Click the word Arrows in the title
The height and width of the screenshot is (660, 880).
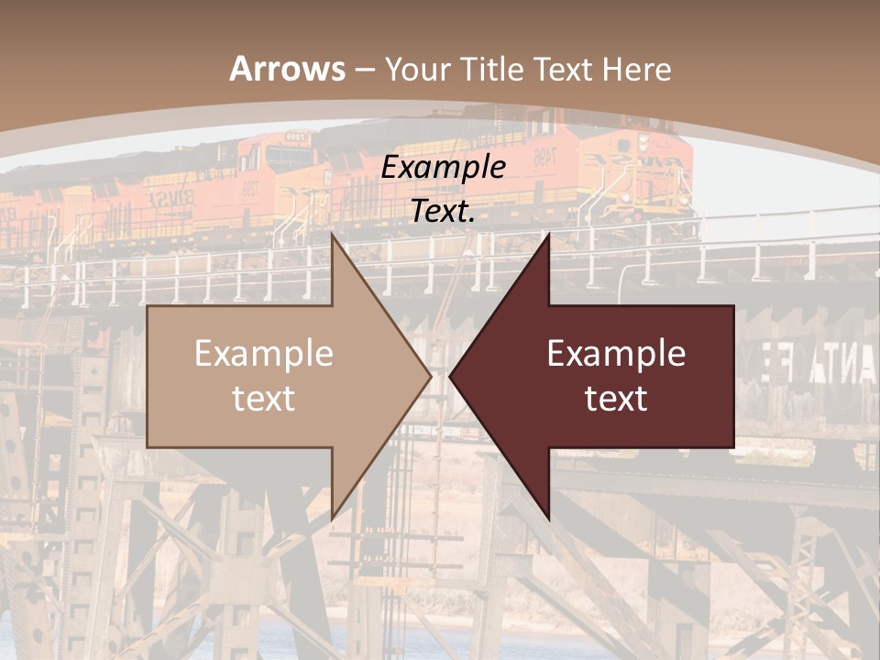[288, 69]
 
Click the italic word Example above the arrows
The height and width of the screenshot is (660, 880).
[444, 167]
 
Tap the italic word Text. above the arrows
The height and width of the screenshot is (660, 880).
[444, 211]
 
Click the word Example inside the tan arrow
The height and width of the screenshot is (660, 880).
[264, 354]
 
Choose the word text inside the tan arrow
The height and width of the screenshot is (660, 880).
[264, 399]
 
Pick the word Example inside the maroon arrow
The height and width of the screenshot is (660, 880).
[616, 354]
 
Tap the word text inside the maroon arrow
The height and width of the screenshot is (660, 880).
[616, 399]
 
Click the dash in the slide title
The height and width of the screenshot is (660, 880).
[365, 70]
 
